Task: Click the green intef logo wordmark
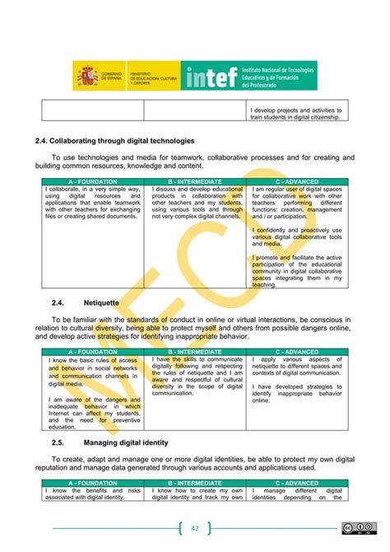click(x=212, y=76)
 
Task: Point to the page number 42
click(x=195, y=528)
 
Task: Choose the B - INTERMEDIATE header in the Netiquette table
click(x=194, y=351)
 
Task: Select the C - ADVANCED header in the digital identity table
click(x=298, y=483)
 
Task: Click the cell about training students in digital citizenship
click(x=298, y=114)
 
